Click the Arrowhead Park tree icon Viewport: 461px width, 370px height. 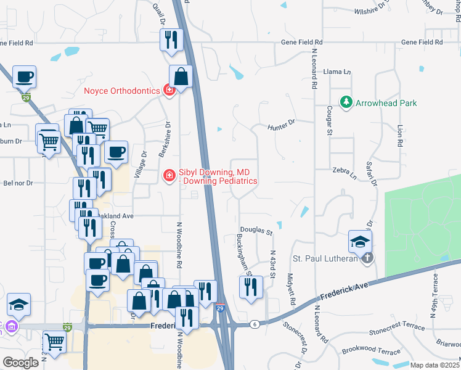click(347, 103)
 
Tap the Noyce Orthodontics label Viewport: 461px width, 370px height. click(121, 91)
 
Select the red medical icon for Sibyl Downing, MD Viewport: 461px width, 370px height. click(168, 176)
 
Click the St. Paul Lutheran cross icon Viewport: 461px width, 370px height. click(367, 258)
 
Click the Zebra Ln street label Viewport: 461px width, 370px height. click(345, 175)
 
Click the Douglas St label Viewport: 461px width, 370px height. click(256, 231)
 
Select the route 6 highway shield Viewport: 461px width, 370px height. click(254, 324)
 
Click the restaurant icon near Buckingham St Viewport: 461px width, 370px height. click(251, 287)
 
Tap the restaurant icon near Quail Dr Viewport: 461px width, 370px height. click(171, 40)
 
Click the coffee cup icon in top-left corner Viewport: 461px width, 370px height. click(24, 77)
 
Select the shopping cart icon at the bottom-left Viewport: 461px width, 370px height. click(55, 341)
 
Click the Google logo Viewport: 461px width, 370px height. click(20, 362)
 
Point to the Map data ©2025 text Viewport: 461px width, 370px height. click(434, 365)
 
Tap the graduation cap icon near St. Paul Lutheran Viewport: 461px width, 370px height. click(360, 242)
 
